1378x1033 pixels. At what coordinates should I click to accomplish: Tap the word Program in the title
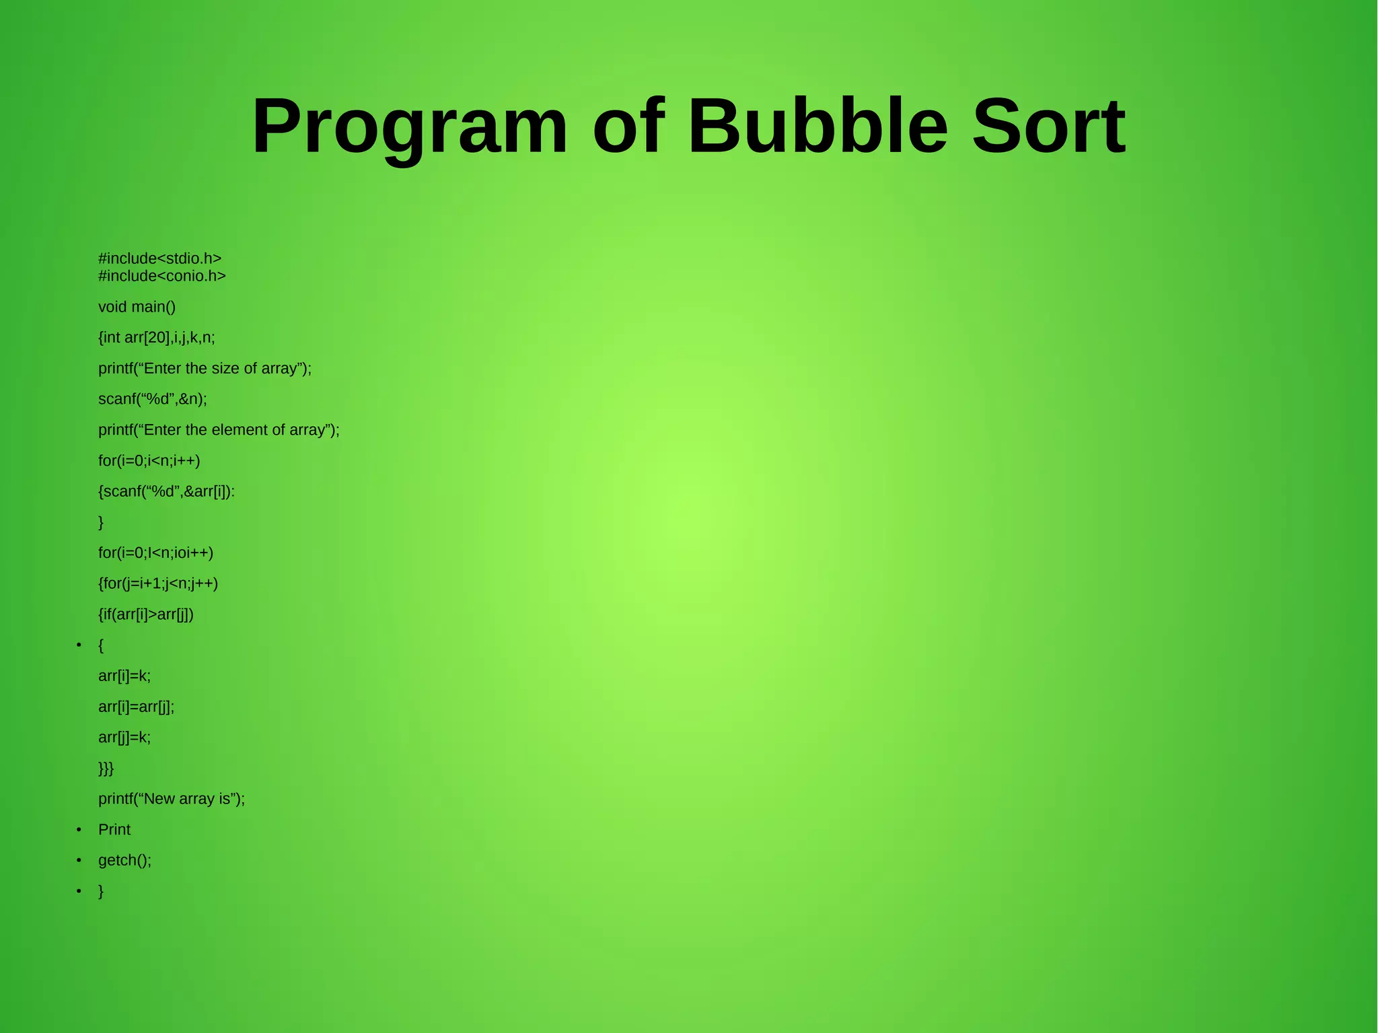click(410, 128)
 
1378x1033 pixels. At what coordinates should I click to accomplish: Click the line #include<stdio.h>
click(159, 258)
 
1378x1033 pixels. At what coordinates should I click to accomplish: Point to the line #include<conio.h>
click(161, 276)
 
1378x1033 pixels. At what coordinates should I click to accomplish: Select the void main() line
click(137, 307)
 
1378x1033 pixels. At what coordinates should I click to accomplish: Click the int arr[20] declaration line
click(156, 338)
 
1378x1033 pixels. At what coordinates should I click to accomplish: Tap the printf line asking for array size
click(205, 369)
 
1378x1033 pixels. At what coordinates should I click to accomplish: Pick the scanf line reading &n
click(152, 399)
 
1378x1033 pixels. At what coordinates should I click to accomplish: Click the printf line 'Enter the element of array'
click(219, 430)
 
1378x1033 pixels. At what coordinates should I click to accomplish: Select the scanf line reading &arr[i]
click(166, 492)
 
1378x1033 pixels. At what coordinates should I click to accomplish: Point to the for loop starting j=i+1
click(158, 583)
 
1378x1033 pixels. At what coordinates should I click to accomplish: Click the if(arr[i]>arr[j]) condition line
click(146, 614)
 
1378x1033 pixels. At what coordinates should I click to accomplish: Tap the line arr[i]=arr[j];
click(136, 707)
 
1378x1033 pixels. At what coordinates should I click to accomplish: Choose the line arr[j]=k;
click(124, 738)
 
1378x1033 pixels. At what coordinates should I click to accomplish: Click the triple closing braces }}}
click(106, 769)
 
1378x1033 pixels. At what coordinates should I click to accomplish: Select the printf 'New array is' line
click(172, 799)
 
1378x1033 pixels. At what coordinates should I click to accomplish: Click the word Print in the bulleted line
click(114, 830)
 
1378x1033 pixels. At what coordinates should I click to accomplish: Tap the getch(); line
click(124, 861)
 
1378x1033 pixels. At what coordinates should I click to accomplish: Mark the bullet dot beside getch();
click(79, 861)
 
